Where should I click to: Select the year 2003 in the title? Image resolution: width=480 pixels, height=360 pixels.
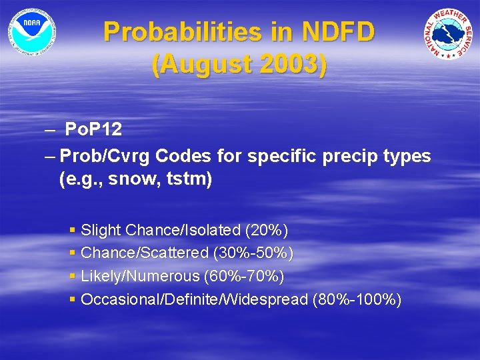pyautogui.click(x=292, y=65)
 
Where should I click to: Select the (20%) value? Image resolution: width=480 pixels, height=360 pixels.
pyautogui.click(x=267, y=230)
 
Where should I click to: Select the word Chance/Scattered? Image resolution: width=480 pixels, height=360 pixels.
pyautogui.click(x=145, y=253)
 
